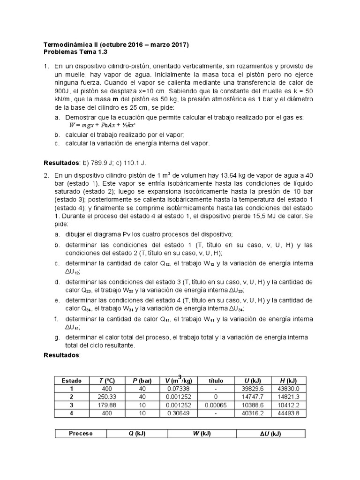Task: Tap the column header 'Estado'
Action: click(71, 381)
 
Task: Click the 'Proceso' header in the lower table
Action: click(81, 434)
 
